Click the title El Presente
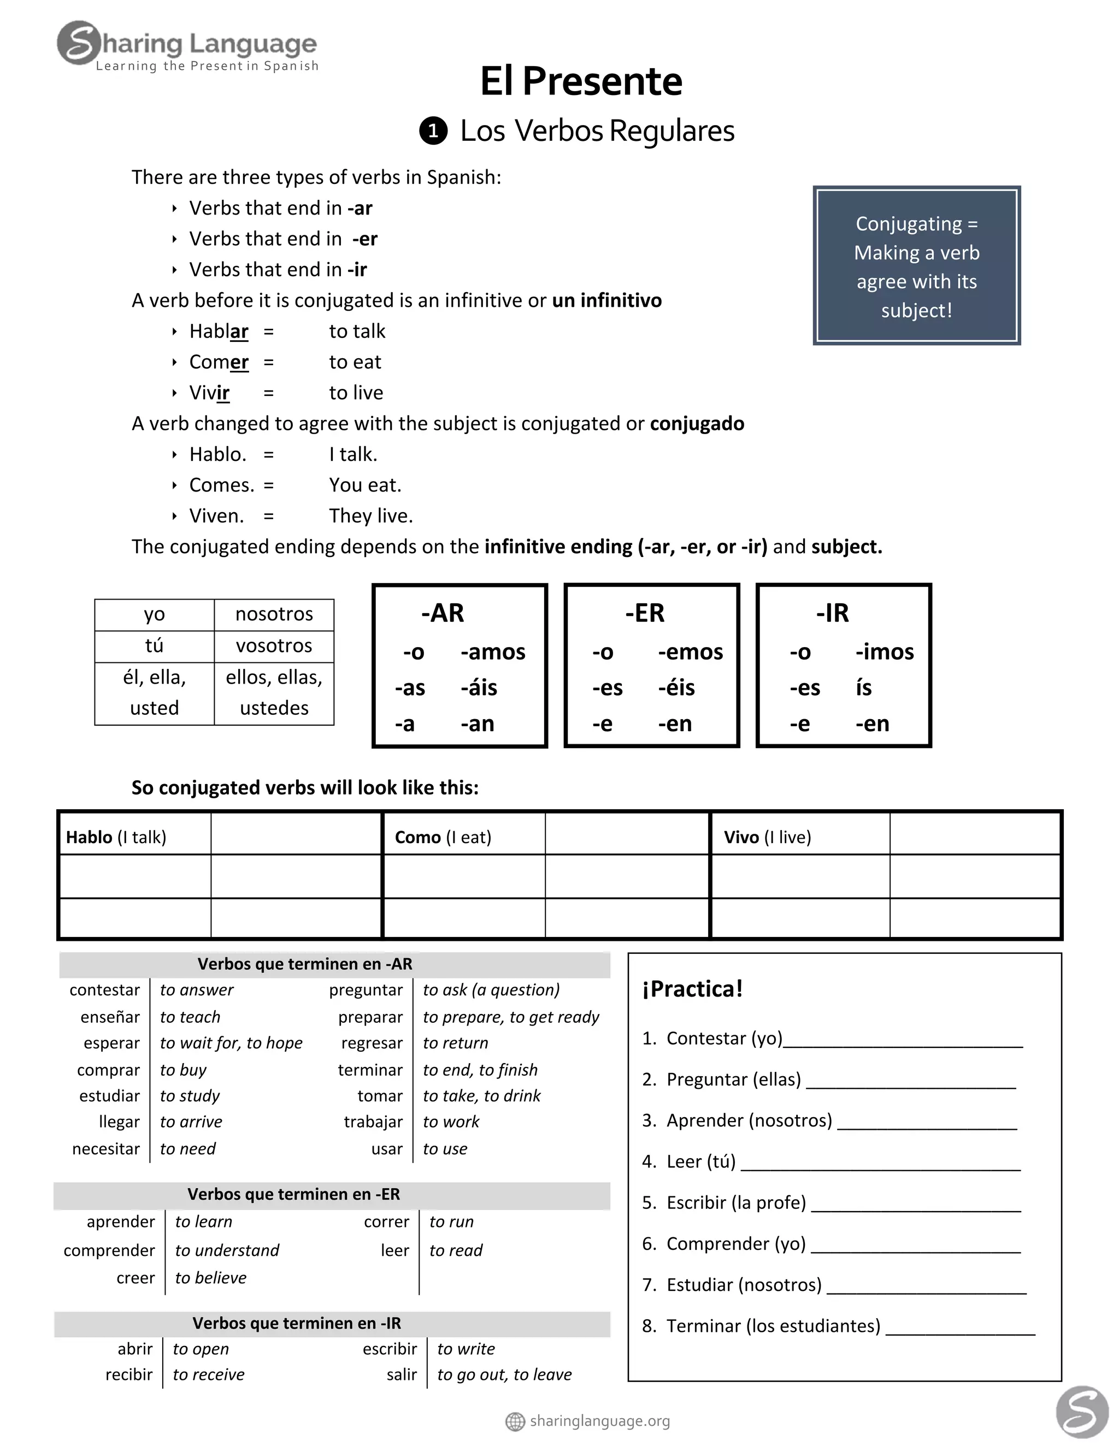pyautogui.click(x=581, y=81)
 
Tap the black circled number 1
pyautogui.click(x=433, y=131)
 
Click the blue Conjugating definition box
pyautogui.click(x=916, y=266)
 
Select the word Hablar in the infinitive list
pyautogui.click(x=218, y=331)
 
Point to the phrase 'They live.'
pyautogui.click(x=370, y=516)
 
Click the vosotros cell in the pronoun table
pyautogui.click(x=274, y=645)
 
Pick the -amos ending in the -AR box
pyautogui.click(x=492, y=652)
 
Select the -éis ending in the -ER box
pyautogui.click(x=676, y=687)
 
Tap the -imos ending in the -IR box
pyautogui.click(x=885, y=652)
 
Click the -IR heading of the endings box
pyautogui.click(x=832, y=613)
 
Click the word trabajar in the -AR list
pyautogui.click(x=373, y=1122)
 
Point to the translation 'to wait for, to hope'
pyautogui.click(x=231, y=1043)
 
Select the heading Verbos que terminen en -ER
pyautogui.click(x=293, y=1194)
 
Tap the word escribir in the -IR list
pyautogui.click(x=390, y=1349)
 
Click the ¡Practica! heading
pyautogui.click(x=692, y=989)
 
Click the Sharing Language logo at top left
pyautogui.click(x=187, y=45)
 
